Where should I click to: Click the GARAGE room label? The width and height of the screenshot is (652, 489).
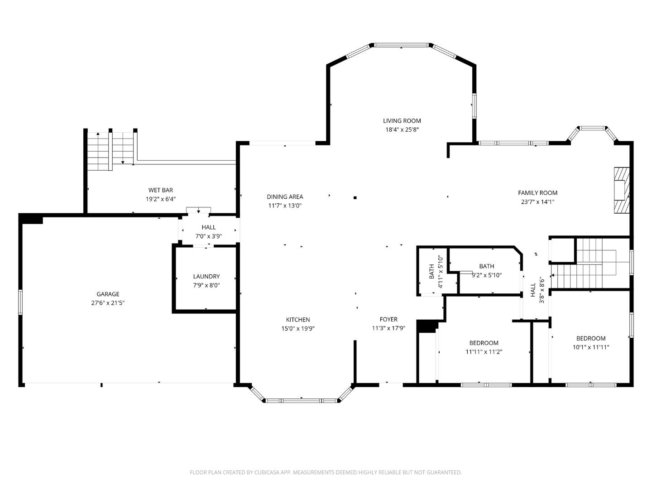point(108,294)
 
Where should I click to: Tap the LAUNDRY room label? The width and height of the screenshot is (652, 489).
point(206,276)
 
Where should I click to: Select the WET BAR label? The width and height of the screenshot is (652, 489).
point(161,190)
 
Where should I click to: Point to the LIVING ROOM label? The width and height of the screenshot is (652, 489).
point(402,120)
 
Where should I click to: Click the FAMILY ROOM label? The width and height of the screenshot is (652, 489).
point(537,193)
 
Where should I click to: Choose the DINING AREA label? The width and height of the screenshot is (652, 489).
point(285,197)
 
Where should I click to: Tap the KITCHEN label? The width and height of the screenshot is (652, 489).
point(298,320)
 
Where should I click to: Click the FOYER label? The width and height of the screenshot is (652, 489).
point(388,319)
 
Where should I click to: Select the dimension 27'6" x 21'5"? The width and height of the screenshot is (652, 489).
point(108,303)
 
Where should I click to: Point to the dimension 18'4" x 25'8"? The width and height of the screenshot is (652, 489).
point(402,129)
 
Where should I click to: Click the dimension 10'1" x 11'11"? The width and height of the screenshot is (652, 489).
point(591,347)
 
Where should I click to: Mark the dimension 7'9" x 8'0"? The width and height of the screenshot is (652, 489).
point(206,285)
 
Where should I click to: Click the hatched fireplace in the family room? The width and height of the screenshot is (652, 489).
point(622,190)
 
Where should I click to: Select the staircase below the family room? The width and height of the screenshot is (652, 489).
point(589,265)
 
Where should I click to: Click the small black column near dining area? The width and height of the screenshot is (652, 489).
point(355,197)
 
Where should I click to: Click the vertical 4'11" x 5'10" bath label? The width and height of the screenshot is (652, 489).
point(436,271)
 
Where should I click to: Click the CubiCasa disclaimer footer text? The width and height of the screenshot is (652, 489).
point(326,472)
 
